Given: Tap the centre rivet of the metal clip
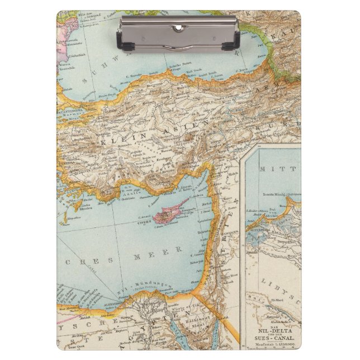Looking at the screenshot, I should tap(179, 27).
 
